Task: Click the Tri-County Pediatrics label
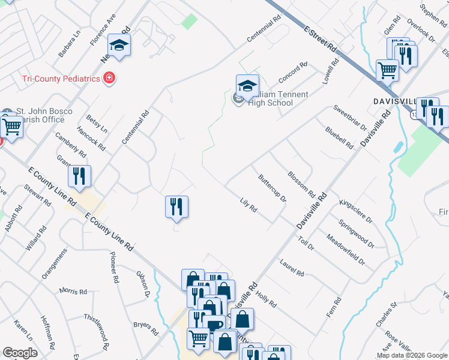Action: tap(61, 78)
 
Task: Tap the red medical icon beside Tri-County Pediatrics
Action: tap(109, 78)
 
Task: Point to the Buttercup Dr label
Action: tap(272, 188)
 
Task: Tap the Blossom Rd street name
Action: tap(301, 184)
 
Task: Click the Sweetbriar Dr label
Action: tap(349, 117)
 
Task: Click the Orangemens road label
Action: tap(56, 272)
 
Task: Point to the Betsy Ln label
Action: tap(97, 123)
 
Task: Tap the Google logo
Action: tap(20, 353)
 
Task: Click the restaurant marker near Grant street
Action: tap(79, 176)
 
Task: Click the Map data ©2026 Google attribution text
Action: tap(411, 355)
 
